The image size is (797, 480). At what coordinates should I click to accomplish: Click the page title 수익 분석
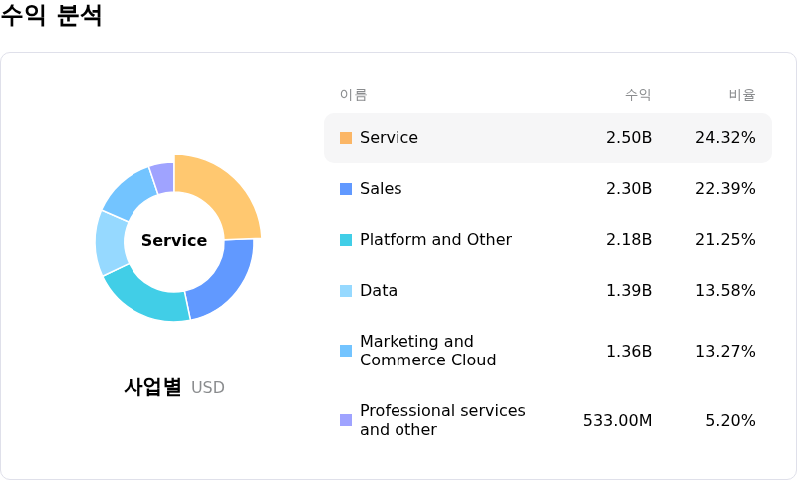point(52,16)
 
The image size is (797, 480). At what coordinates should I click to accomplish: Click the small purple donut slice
point(163,177)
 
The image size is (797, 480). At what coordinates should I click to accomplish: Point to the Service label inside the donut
point(174,240)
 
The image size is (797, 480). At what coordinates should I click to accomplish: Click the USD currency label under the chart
point(208,387)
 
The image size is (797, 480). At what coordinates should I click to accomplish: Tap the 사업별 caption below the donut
point(152,387)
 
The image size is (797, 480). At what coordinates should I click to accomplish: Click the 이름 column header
point(354,95)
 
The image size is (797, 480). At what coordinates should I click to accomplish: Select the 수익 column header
point(638,95)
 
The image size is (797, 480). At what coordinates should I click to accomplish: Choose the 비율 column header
point(742,95)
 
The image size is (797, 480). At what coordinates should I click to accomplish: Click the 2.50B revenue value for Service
point(629,138)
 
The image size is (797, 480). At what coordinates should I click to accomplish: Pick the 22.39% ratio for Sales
point(725,189)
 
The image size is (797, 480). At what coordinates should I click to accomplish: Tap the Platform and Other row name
point(435,240)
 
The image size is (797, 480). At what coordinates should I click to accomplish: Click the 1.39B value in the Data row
point(629,291)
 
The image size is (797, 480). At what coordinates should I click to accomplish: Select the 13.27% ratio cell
point(725,351)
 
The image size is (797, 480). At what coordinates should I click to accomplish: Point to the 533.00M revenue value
point(617,420)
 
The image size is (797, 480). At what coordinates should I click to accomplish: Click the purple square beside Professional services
point(346,420)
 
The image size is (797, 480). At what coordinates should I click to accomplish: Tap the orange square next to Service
point(346,138)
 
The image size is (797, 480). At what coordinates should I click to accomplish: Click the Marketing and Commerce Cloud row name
point(427,351)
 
